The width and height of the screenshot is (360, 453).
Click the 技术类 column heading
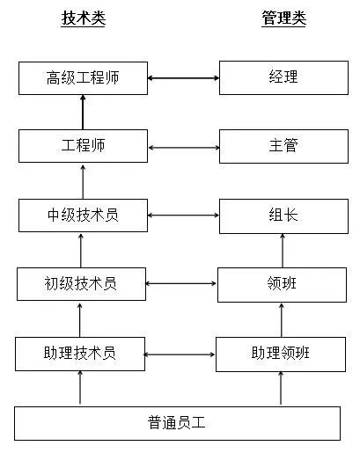point(84,18)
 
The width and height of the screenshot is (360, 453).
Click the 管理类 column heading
point(283,18)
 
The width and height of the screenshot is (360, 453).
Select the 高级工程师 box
point(82,77)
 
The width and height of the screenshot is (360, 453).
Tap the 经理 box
point(283,77)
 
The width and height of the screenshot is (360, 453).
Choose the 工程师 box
point(82,145)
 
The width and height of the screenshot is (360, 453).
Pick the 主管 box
point(283,145)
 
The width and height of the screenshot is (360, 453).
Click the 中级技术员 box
point(82,215)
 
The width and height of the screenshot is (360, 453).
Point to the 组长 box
point(283,215)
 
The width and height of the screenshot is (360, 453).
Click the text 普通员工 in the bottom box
point(177,422)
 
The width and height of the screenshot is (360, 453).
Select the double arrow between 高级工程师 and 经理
point(182,78)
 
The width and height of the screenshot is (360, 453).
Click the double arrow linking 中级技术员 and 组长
point(182,215)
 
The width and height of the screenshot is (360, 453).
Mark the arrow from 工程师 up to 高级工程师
point(83,112)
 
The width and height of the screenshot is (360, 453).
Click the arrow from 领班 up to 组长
point(283,250)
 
